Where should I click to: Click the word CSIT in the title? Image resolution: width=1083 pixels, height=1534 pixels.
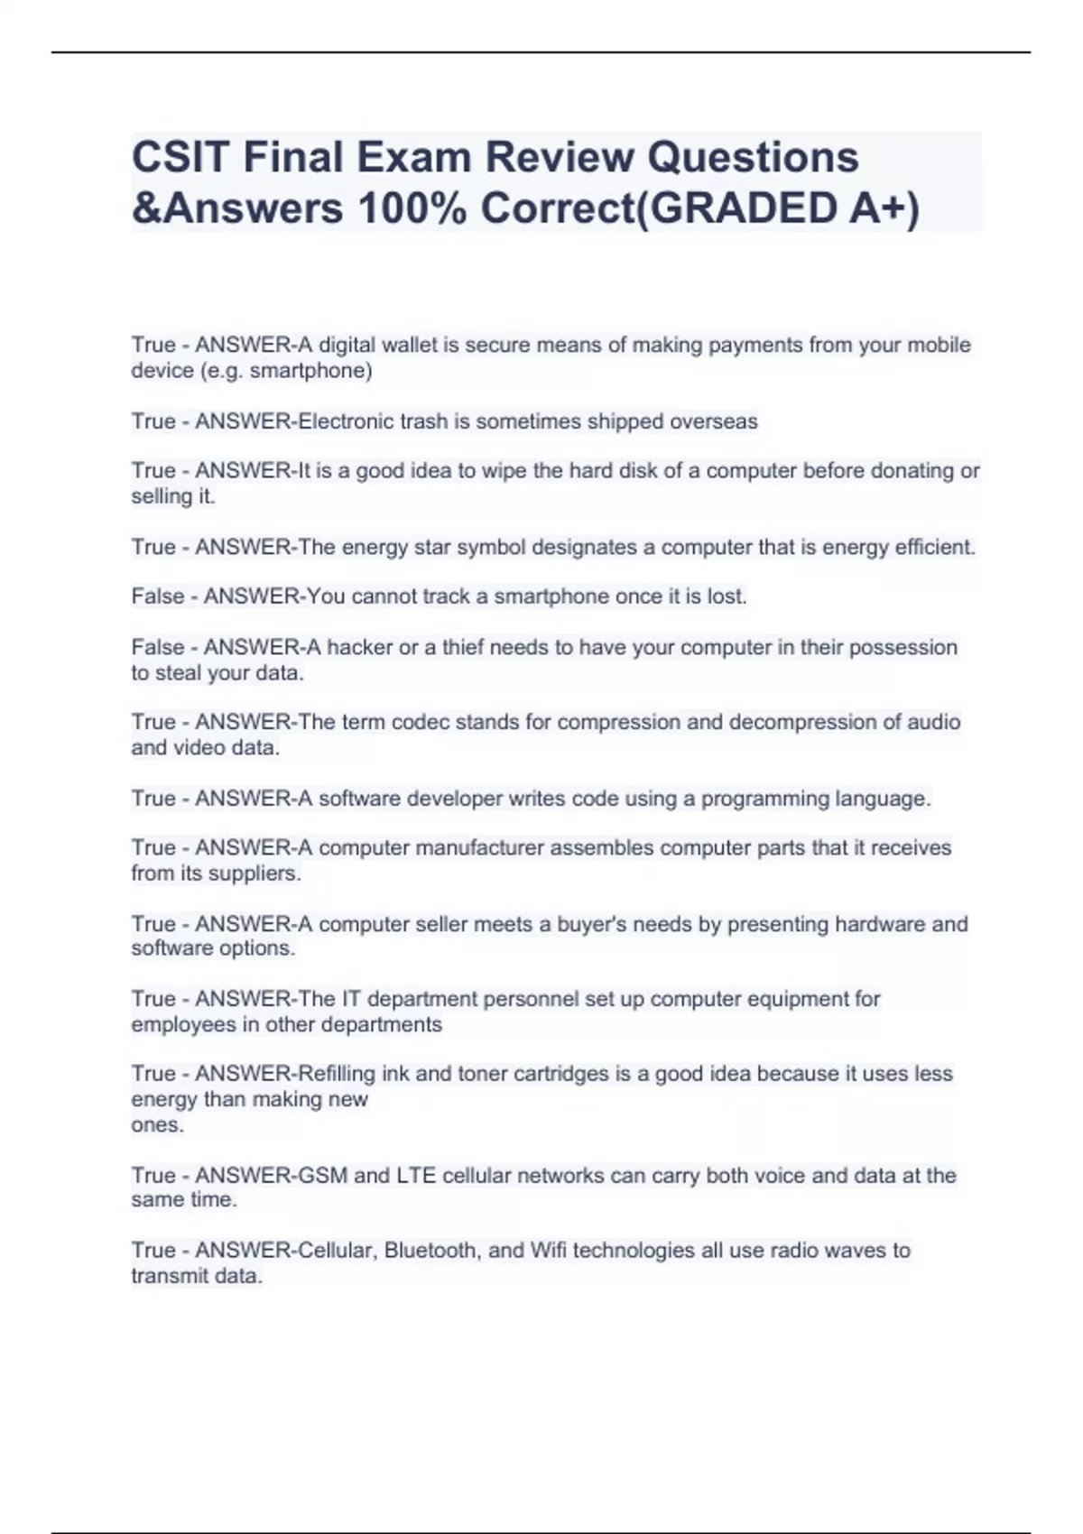(179, 157)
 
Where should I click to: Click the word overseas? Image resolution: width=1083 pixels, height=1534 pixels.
(713, 421)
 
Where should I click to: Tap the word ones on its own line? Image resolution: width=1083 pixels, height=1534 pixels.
(156, 1125)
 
